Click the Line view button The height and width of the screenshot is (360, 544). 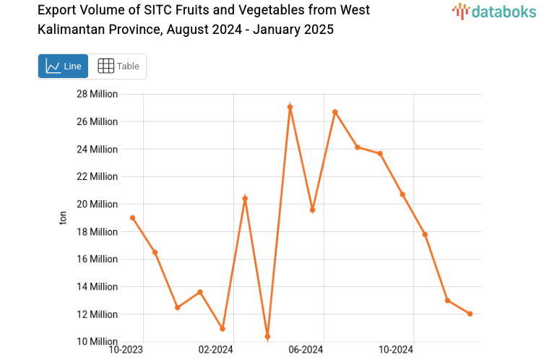pos(63,66)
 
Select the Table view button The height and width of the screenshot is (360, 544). pos(118,66)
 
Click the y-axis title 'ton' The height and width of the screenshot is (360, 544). pos(63,218)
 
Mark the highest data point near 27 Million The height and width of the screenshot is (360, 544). pos(290,107)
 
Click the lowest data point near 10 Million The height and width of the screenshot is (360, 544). pos(267,337)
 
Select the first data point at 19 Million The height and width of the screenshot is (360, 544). pos(132,218)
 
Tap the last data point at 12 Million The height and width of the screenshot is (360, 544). pos(470,314)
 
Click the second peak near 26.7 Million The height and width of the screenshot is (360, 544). pos(335,112)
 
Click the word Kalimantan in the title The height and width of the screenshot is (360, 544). pos(70,30)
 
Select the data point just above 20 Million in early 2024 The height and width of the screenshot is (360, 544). pos(245,198)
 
